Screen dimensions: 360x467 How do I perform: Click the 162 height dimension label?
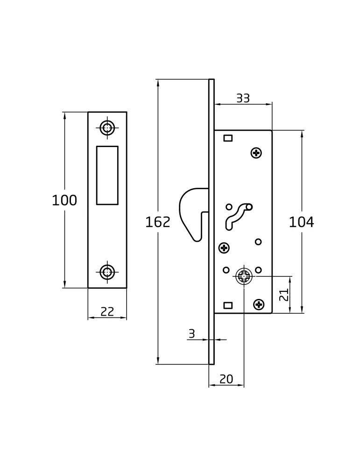(157, 222)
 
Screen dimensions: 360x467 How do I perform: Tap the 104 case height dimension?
(301, 222)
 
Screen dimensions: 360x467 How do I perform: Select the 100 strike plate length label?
(64, 200)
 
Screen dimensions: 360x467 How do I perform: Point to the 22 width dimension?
(107, 311)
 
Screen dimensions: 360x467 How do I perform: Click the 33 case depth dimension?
(243, 98)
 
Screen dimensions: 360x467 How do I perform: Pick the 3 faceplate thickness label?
(192, 334)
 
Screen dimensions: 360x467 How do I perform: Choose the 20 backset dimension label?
(226, 379)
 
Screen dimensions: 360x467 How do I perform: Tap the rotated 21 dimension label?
(284, 295)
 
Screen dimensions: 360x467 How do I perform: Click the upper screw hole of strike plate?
(107, 128)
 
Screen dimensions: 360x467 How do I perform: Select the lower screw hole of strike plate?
(107, 272)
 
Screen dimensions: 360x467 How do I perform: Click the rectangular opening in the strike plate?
(107, 176)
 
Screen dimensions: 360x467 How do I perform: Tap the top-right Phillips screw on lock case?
(256, 153)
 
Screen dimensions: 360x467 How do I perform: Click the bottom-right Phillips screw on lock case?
(259, 304)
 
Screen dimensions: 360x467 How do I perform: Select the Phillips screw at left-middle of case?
(224, 248)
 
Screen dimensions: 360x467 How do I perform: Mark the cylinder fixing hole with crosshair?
(244, 276)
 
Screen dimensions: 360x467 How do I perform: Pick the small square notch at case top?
(228, 138)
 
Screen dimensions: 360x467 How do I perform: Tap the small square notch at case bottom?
(228, 305)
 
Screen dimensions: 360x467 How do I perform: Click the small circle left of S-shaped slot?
(229, 207)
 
